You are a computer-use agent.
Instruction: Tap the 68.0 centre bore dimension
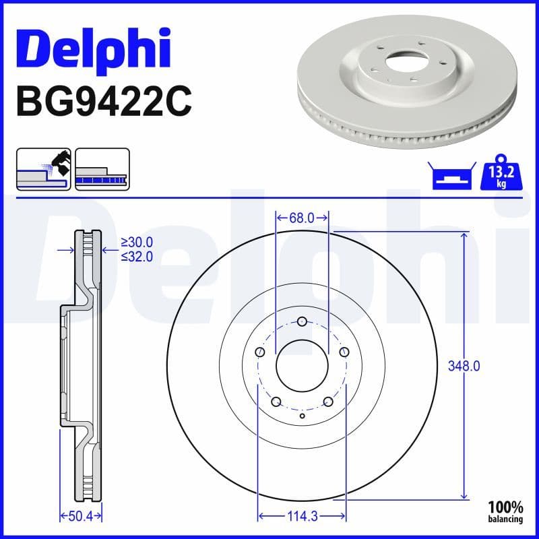pyautogui.click(x=302, y=218)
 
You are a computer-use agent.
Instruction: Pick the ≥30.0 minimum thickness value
pyautogui.click(x=137, y=243)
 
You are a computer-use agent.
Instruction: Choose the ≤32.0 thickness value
pyautogui.click(x=137, y=256)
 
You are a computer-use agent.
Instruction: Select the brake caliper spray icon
pyautogui.click(x=43, y=168)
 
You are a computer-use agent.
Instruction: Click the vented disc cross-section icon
pyautogui.click(x=102, y=168)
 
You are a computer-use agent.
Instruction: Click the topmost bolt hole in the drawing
pyautogui.click(x=302, y=321)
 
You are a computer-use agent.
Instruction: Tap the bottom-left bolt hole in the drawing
pyautogui.click(x=276, y=402)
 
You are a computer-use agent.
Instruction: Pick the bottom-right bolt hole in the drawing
pyautogui.click(x=328, y=402)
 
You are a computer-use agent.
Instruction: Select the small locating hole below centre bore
pyautogui.click(x=302, y=416)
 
